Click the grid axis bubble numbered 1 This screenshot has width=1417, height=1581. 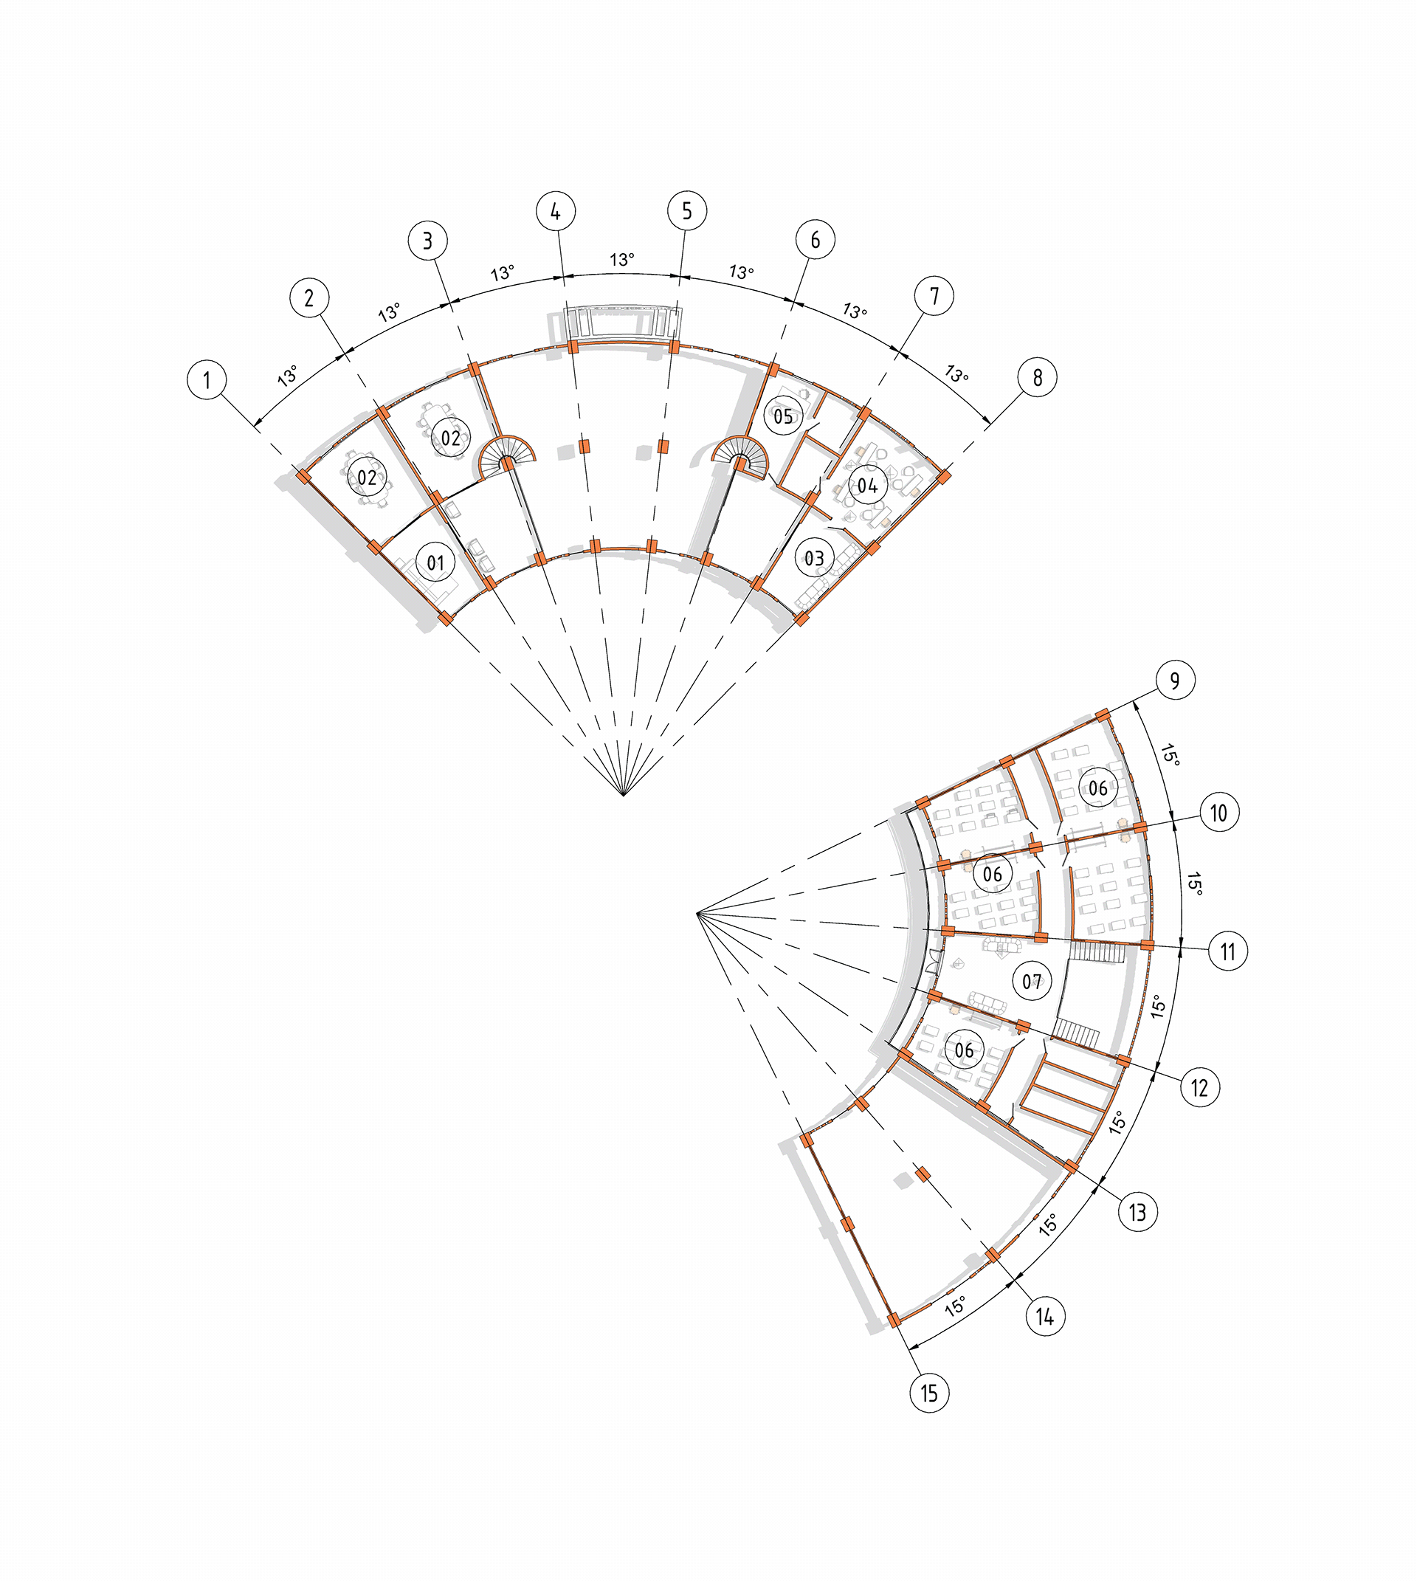[x=207, y=380]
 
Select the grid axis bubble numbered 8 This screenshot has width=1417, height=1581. [x=1038, y=378]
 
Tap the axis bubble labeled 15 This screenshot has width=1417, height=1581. [x=930, y=1393]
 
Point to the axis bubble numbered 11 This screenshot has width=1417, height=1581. [x=1228, y=951]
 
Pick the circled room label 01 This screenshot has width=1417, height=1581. [x=435, y=562]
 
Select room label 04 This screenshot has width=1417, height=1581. [x=867, y=486]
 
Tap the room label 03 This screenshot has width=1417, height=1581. [x=814, y=558]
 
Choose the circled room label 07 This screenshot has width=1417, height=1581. [x=1032, y=982]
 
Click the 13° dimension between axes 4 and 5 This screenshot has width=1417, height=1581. [x=622, y=259]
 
